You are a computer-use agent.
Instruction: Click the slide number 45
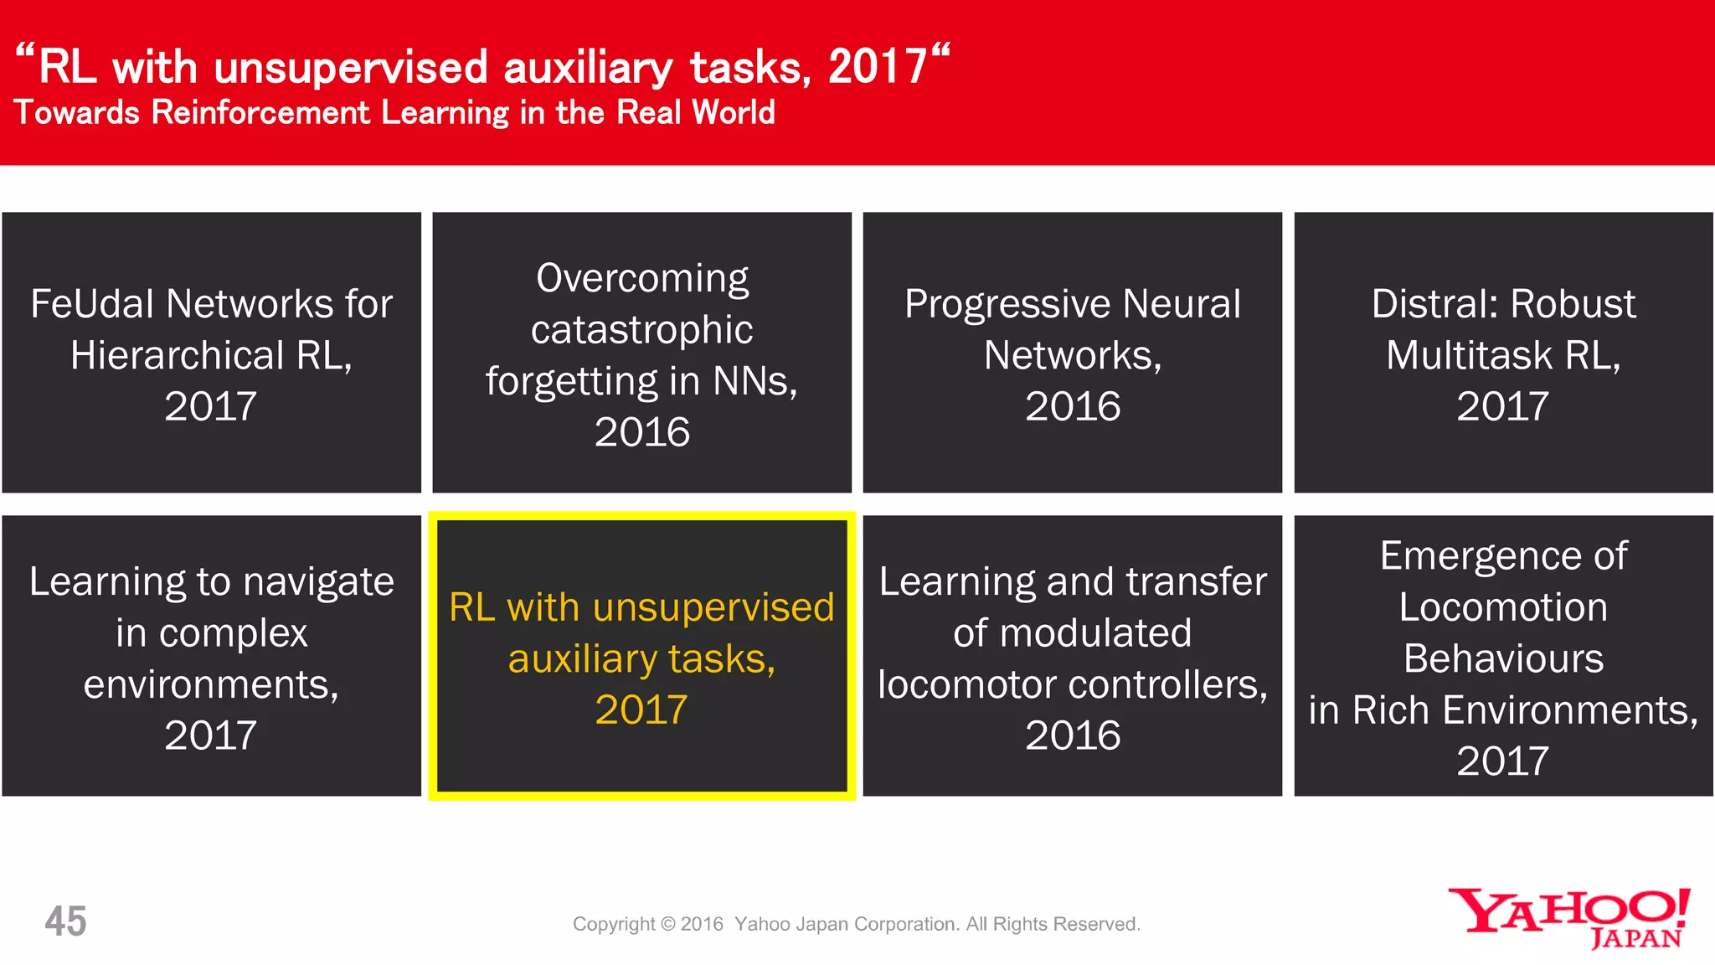65,921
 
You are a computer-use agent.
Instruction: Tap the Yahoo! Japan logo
1569,918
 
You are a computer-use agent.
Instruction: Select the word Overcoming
642,279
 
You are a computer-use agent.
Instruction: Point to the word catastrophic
642,330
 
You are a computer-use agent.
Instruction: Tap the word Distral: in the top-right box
1434,303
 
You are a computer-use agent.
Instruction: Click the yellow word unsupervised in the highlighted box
713,607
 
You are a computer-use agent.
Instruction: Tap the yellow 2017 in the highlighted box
641,710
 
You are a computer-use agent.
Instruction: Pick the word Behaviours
1503,659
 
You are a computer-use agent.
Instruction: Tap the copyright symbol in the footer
667,924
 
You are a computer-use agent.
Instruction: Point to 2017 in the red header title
877,66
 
